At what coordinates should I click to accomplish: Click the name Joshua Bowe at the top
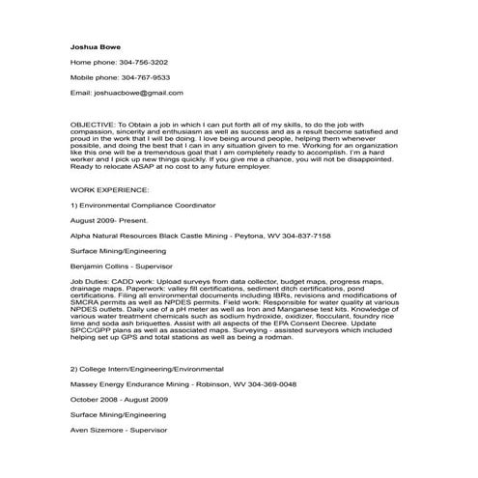click(94, 45)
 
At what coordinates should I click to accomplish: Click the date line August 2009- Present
click(104, 220)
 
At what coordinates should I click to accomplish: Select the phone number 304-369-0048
click(268, 383)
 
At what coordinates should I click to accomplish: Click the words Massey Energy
click(97, 383)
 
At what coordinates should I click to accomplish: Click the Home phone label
click(91, 61)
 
